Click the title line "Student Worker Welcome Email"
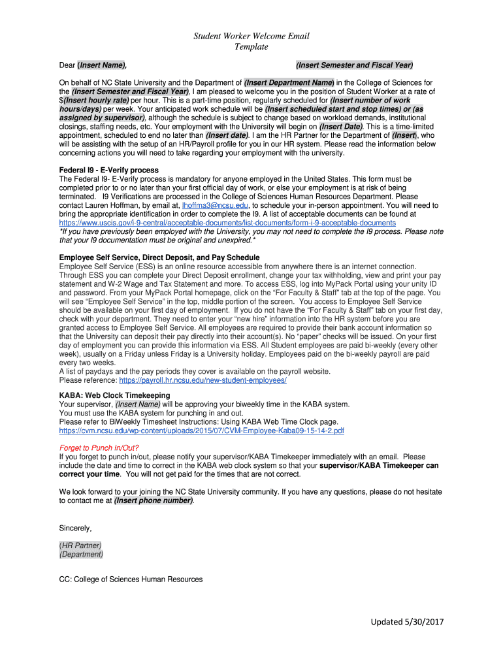(x=252, y=36)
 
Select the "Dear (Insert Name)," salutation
(x=93, y=65)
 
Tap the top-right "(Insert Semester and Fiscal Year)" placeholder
(x=354, y=65)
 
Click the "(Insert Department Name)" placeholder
(x=289, y=83)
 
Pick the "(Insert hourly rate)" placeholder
(x=96, y=101)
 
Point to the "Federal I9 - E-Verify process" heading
(x=108, y=171)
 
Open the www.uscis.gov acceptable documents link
(x=227, y=223)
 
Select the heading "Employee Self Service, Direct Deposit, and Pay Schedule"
(x=159, y=258)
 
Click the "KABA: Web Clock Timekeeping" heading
(x=114, y=395)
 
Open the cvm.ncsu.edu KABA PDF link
(x=201, y=431)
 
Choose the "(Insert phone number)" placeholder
(x=154, y=500)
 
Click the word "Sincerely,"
(x=76, y=528)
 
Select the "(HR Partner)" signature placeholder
(x=80, y=546)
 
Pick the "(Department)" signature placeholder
(x=81, y=555)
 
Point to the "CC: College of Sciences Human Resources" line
(x=131, y=579)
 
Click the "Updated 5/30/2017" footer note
(x=407, y=622)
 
